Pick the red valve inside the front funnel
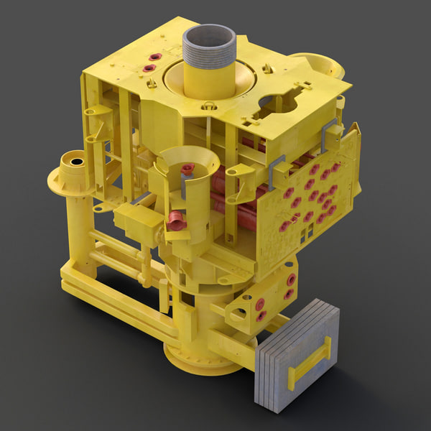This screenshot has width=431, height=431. [187, 170]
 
